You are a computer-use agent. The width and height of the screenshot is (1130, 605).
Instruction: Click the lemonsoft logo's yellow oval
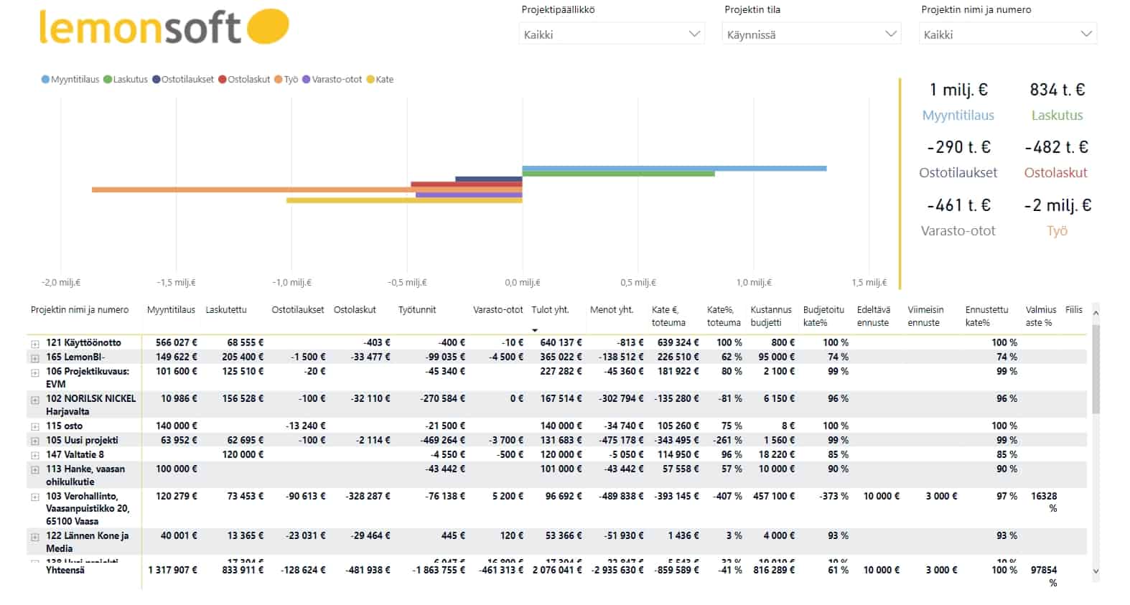coord(267,26)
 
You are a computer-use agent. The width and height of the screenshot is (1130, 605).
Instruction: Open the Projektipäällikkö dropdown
coord(612,34)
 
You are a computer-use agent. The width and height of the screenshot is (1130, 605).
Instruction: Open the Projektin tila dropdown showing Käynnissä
coord(811,34)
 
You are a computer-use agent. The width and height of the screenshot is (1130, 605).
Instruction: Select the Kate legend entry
coord(380,80)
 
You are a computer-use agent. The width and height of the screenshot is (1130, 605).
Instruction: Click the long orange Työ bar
coord(251,189)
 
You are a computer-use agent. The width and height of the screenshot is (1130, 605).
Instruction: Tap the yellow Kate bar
coord(403,200)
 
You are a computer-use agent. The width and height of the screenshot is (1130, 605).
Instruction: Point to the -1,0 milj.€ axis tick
coord(291,283)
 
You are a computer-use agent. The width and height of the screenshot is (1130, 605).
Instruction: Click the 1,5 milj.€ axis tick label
coord(869,283)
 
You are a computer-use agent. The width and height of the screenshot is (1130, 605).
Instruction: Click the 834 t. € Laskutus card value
coord(1057,90)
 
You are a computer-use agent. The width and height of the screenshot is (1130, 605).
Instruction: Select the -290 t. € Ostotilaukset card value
coord(958,147)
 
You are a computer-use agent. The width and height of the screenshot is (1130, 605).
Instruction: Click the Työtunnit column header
coord(417,310)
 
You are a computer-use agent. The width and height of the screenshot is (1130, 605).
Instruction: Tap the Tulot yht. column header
coord(550,310)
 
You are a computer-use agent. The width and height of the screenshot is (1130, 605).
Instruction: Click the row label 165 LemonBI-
coord(75,357)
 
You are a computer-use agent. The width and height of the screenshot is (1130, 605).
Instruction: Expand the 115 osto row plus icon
coord(34,426)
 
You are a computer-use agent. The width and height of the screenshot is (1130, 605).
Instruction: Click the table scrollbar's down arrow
coord(1096,571)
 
